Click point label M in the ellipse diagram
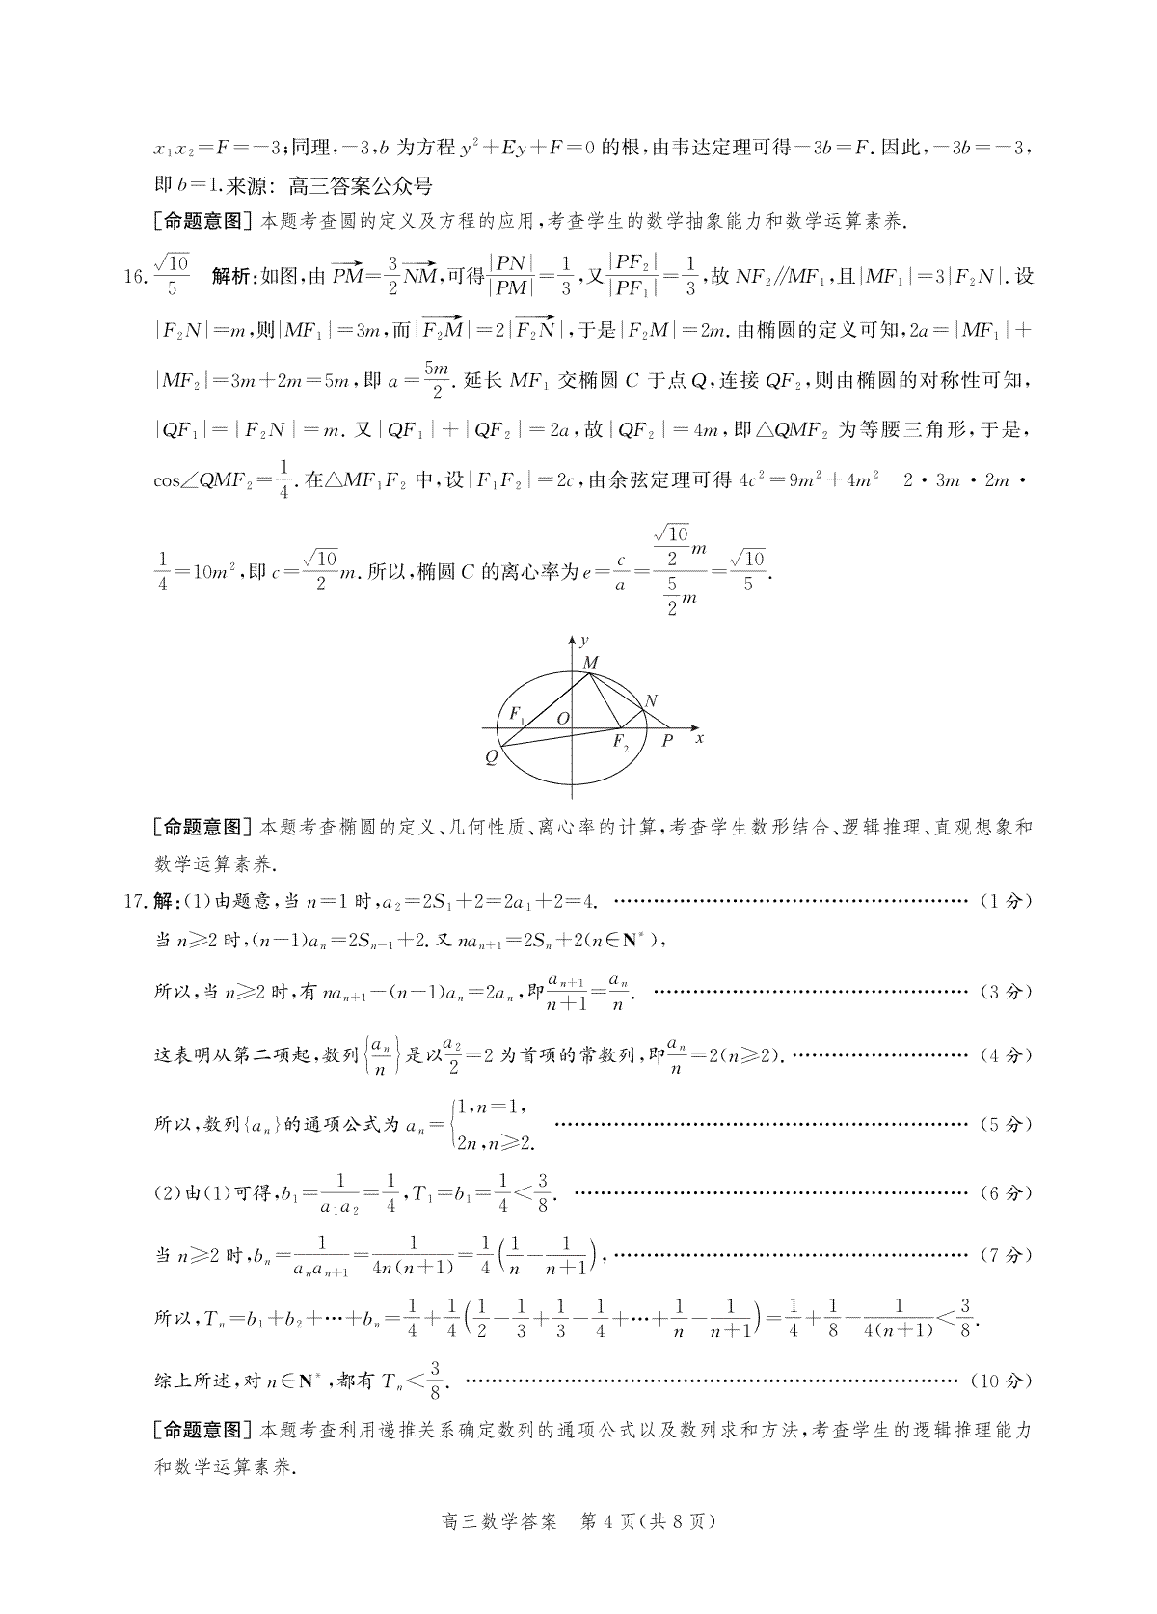(x=591, y=663)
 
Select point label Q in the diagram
(x=491, y=757)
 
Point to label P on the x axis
(x=666, y=741)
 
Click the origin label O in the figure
(x=563, y=717)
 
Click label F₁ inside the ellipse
(x=517, y=716)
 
